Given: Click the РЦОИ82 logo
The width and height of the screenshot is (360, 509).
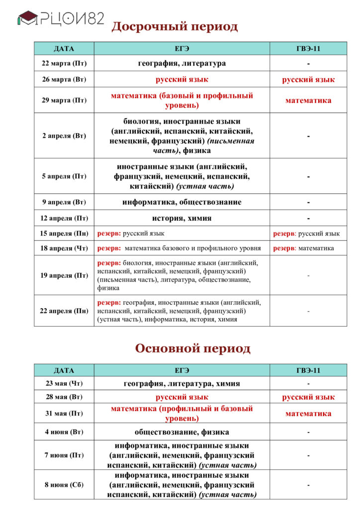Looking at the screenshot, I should pos(61,19).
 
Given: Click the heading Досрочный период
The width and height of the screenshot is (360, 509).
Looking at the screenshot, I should pos(175,26).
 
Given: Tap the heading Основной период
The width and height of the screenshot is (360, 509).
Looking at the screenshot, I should pos(192,348).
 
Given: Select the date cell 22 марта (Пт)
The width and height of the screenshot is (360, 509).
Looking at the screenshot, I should pos(64,63).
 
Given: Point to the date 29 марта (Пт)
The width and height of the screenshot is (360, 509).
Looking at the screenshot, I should pos(64,100).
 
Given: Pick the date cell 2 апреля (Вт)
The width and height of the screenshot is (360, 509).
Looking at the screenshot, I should pos(64,136).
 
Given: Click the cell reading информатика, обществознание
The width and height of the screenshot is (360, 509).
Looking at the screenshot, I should pos(181,202).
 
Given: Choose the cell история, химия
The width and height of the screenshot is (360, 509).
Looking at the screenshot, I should pos(181,218).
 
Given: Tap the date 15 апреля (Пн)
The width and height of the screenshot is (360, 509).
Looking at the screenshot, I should pos(64,234).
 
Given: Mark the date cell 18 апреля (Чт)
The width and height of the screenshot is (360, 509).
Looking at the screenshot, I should pos(64,248).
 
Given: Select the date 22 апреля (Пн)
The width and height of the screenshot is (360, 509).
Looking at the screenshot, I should pos(64,311).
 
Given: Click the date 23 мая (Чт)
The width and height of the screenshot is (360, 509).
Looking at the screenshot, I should pos(64,384).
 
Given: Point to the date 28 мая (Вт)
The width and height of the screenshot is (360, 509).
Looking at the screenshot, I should pos(64,397).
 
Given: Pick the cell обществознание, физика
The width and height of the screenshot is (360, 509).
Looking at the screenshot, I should pos(181,432).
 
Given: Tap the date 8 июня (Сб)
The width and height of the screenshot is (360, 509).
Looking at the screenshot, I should pos(64,485).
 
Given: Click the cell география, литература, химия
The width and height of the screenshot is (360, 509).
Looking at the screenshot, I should pos(181,384).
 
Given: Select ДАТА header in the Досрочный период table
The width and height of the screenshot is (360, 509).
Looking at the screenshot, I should pos(64,49).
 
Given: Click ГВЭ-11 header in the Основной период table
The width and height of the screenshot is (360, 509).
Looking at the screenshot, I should pos(308,370).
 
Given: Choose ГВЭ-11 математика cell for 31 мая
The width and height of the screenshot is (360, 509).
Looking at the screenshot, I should pos(308,414).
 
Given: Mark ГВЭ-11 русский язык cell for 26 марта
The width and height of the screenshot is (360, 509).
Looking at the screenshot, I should pos(308,80).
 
